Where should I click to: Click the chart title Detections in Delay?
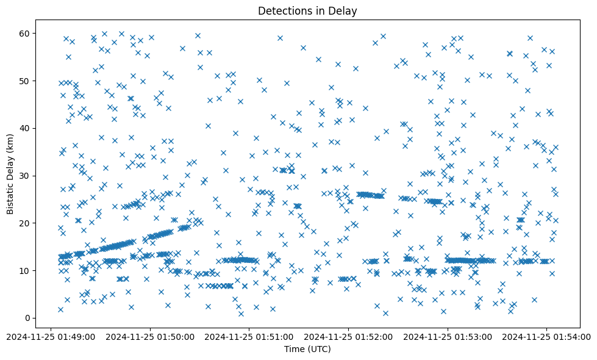(307, 11)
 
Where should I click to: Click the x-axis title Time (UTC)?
(307, 349)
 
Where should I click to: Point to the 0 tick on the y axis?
(27, 318)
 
